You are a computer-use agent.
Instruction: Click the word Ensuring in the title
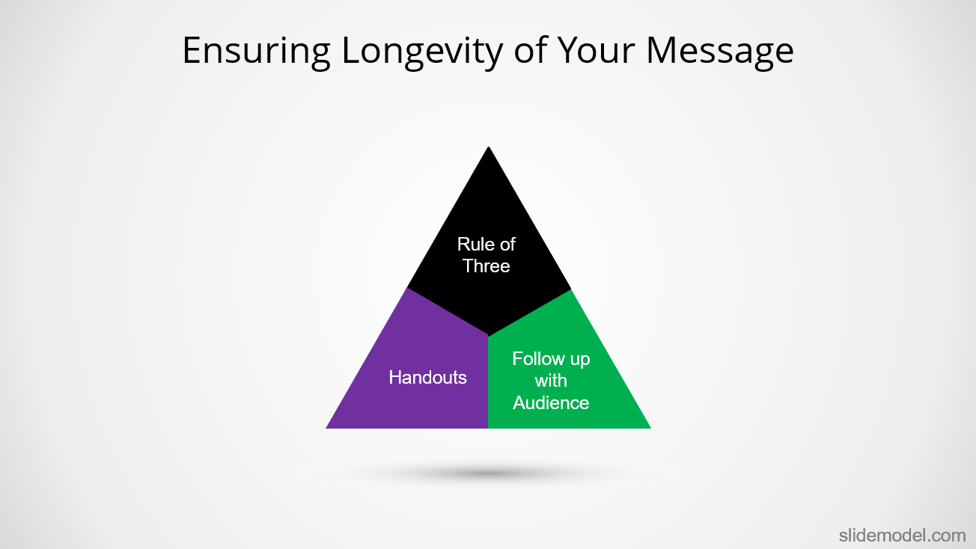(256, 52)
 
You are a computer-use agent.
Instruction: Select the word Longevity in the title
(422, 52)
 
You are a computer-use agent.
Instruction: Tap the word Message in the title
(719, 52)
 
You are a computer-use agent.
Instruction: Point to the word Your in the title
(596, 51)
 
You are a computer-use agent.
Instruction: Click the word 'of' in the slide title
(530, 50)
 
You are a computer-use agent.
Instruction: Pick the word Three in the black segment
(487, 266)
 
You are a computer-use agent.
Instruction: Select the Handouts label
(427, 378)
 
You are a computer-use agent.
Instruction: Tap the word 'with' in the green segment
(551, 381)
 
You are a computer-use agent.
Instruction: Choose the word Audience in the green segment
(551, 402)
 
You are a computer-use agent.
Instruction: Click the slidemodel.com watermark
(903, 536)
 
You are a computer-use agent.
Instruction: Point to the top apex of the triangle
(489, 147)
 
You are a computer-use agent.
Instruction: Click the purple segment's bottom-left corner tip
(326, 428)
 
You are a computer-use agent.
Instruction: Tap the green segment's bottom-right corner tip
(650, 428)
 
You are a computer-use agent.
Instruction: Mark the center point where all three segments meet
(489, 336)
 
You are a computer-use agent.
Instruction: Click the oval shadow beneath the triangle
(488, 473)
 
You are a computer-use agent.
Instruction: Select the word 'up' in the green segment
(580, 360)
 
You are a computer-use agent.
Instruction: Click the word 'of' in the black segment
(507, 245)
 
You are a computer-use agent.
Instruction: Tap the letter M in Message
(662, 51)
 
